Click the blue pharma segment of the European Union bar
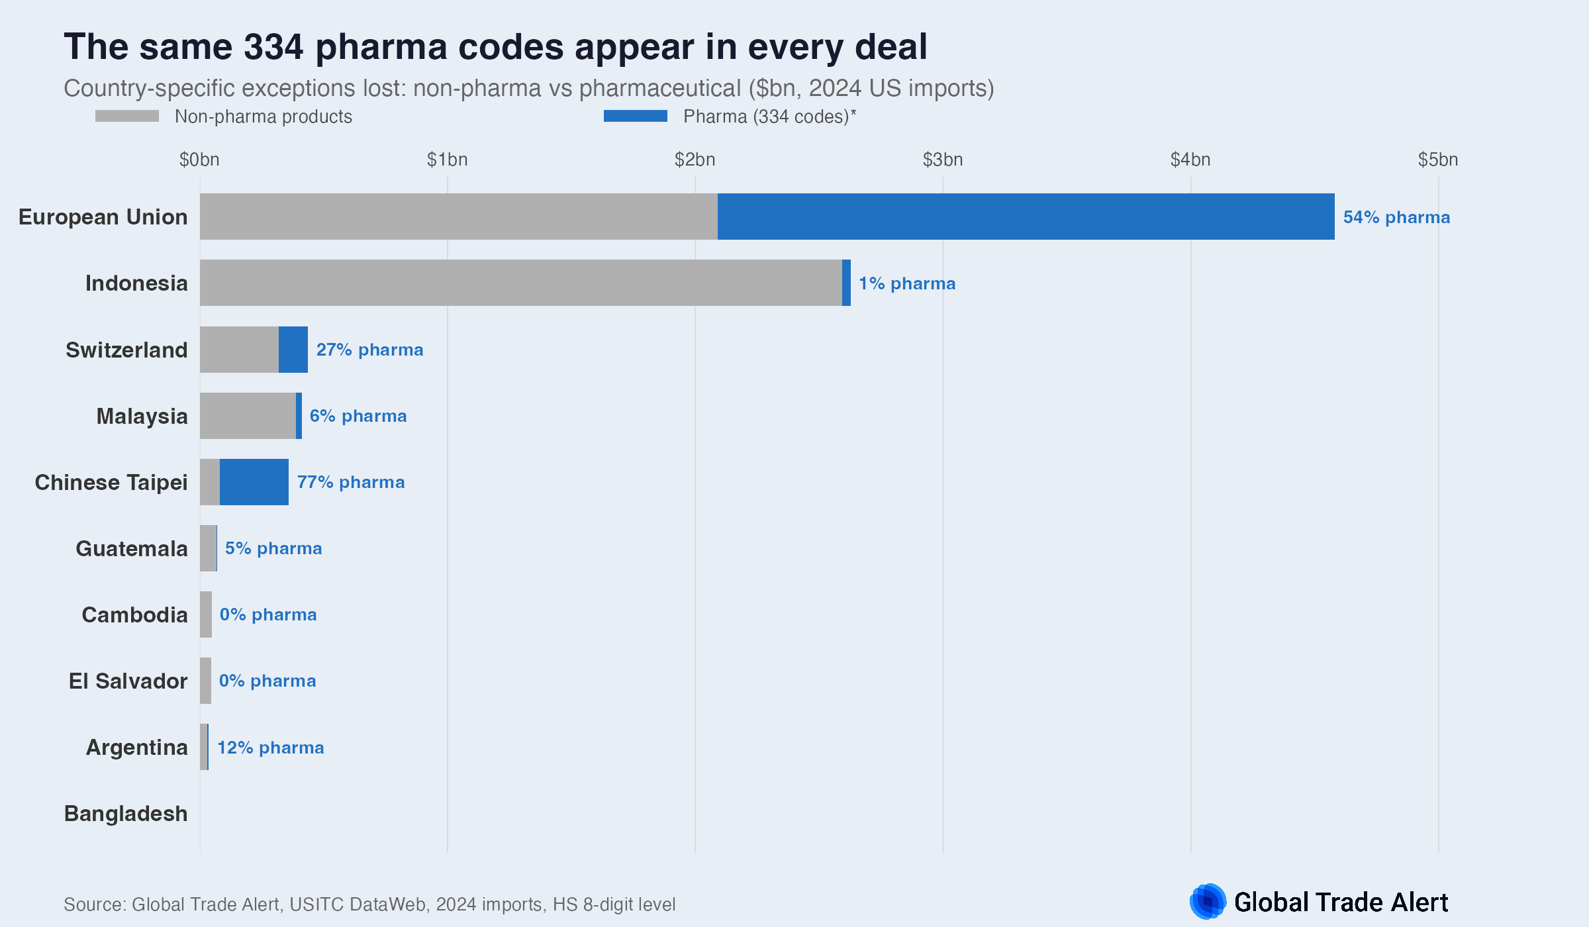tap(1026, 217)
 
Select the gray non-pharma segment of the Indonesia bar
tap(520, 283)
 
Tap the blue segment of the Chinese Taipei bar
tap(254, 482)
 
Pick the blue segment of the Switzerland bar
tap(293, 350)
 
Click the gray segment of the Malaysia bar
tap(248, 416)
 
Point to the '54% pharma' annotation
tap(1396, 217)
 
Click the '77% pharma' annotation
tap(350, 482)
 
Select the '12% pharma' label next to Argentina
tap(270, 748)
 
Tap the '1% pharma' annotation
tap(906, 283)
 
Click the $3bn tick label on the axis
tap(942, 160)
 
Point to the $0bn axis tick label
tap(199, 160)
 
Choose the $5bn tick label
tap(1437, 160)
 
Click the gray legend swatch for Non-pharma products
tap(127, 116)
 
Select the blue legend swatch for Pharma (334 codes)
tap(635, 116)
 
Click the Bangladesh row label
tap(126, 813)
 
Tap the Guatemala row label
tap(131, 548)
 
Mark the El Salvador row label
tap(128, 681)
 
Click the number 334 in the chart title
tap(273, 47)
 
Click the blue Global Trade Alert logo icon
tap(1208, 901)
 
